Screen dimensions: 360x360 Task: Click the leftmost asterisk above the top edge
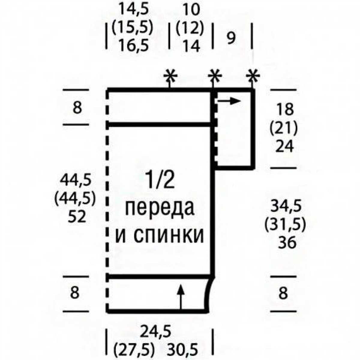tap(170, 76)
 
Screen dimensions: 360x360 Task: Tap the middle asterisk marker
tap(215, 76)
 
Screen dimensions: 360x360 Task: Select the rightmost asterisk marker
tap(253, 76)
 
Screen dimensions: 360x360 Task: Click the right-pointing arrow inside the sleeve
tap(229, 101)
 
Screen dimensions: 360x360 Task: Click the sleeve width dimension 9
tap(231, 38)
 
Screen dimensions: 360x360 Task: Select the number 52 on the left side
tap(77, 217)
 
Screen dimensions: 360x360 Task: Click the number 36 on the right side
tap(287, 243)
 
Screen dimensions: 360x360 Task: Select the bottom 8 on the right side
tap(283, 292)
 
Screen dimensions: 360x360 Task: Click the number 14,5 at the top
tap(134, 10)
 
